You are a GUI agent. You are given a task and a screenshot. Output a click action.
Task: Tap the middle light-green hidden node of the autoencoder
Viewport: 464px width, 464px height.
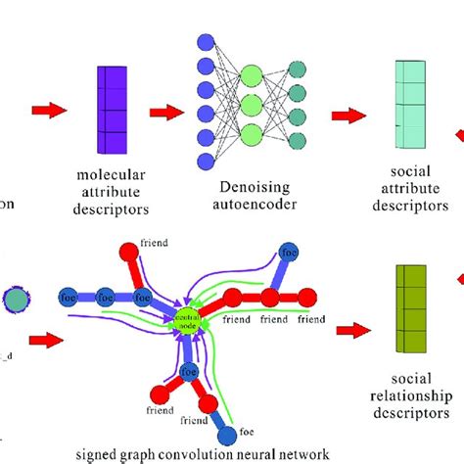[250, 105]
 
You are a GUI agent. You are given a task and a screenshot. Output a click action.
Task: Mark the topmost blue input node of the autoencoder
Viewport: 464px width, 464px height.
[207, 42]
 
